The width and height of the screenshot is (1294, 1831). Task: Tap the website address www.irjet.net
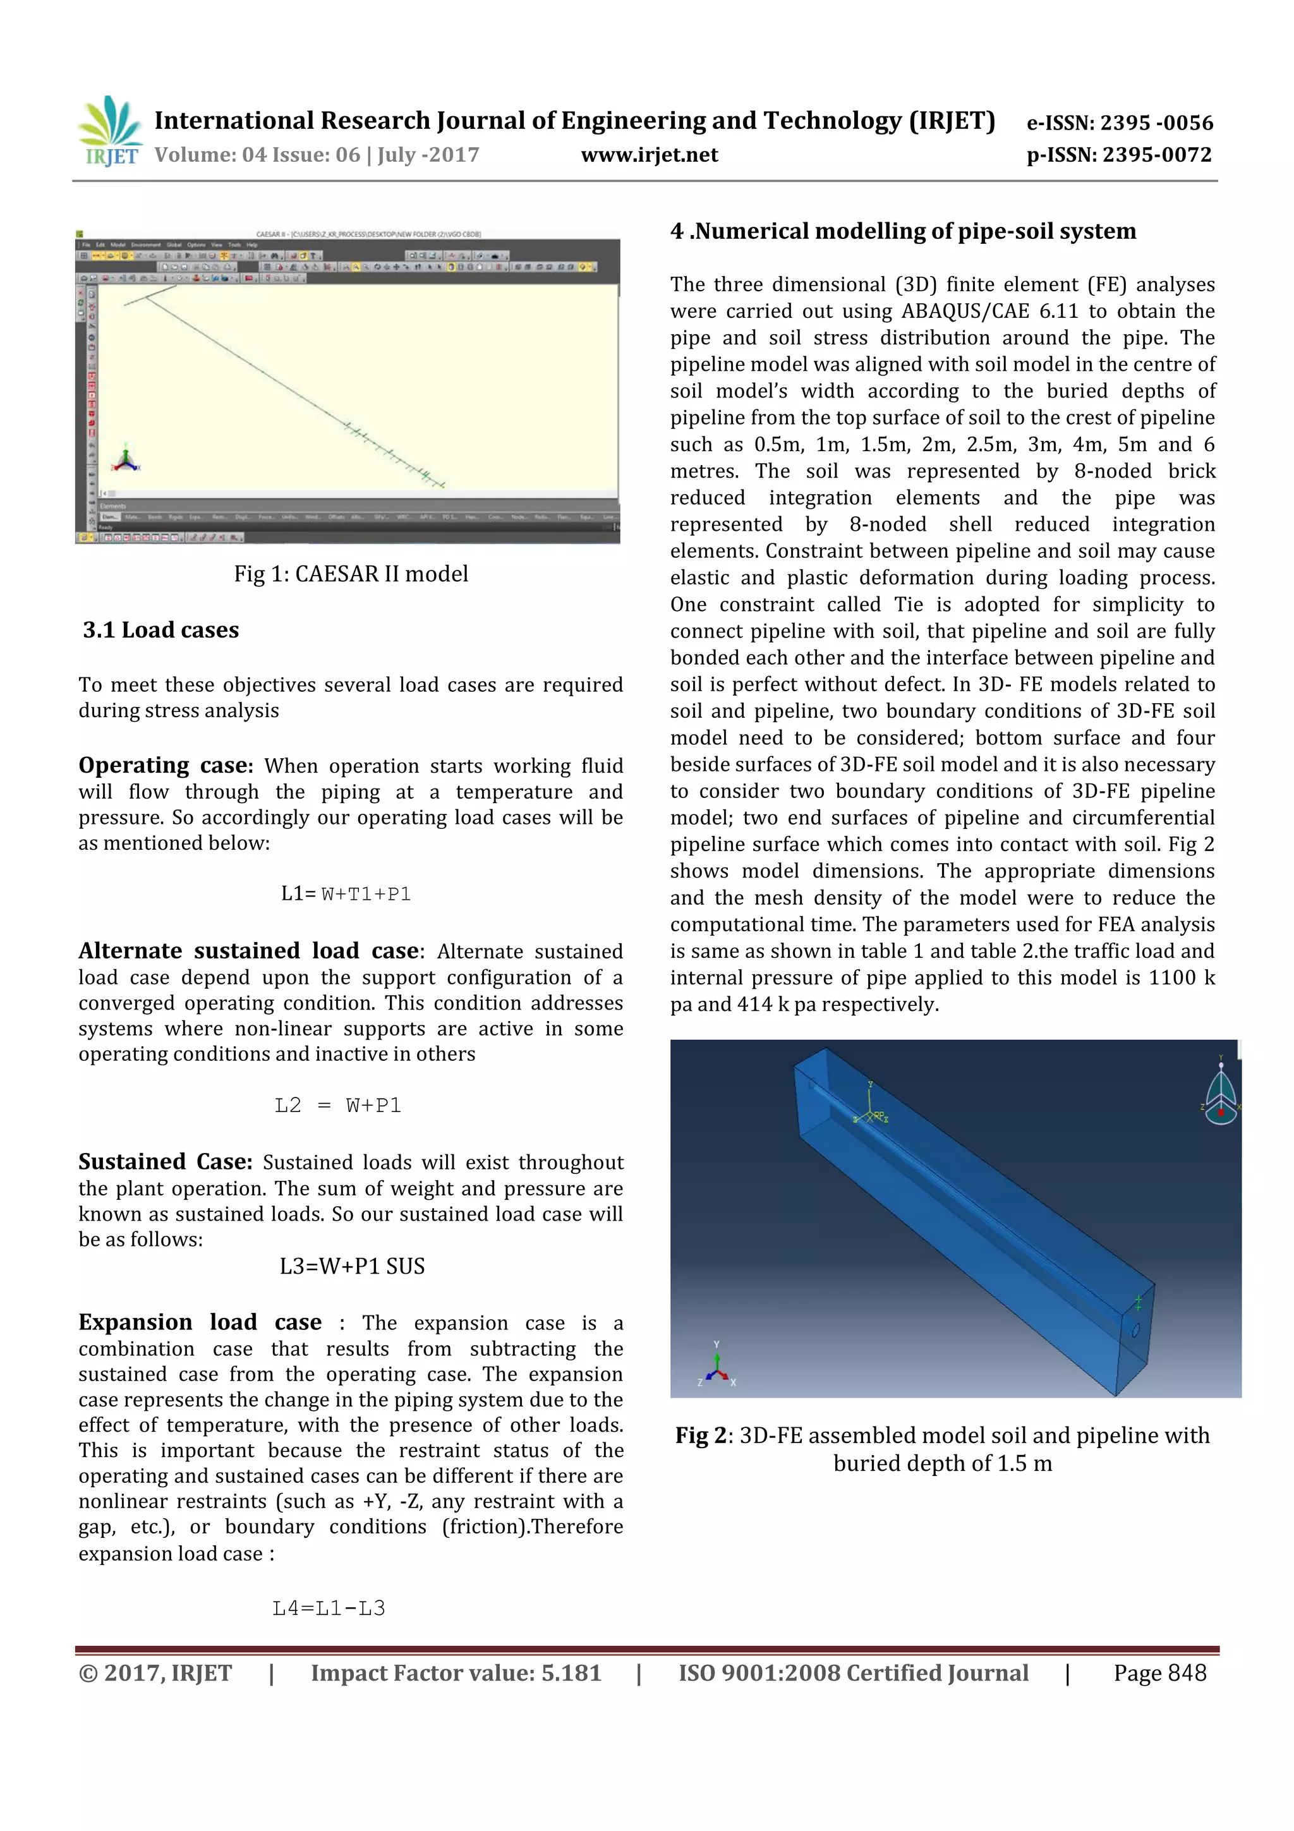pos(649,155)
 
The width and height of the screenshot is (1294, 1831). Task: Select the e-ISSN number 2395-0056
pos(1120,123)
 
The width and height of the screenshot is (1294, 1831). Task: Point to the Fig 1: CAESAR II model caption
pos(351,574)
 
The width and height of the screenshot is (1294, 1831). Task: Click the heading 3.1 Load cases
pos(160,630)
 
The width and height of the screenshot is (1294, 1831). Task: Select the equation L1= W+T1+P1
pos(346,894)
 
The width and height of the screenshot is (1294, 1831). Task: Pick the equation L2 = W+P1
pos(338,1105)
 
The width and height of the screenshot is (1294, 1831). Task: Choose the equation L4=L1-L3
pos(329,1609)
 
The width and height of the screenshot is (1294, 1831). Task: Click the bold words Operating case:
pos(165,766)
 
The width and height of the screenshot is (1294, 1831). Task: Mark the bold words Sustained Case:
pos(165,1162)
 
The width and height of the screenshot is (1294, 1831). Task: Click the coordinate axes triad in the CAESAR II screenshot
pos(125,460)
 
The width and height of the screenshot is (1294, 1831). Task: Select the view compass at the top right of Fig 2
pos(1221,1093)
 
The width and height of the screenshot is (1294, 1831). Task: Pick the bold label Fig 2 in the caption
pos(701,1435)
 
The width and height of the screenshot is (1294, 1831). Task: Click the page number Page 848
pos(1159,1674)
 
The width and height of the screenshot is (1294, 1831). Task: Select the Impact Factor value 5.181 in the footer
pos(571,1674)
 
